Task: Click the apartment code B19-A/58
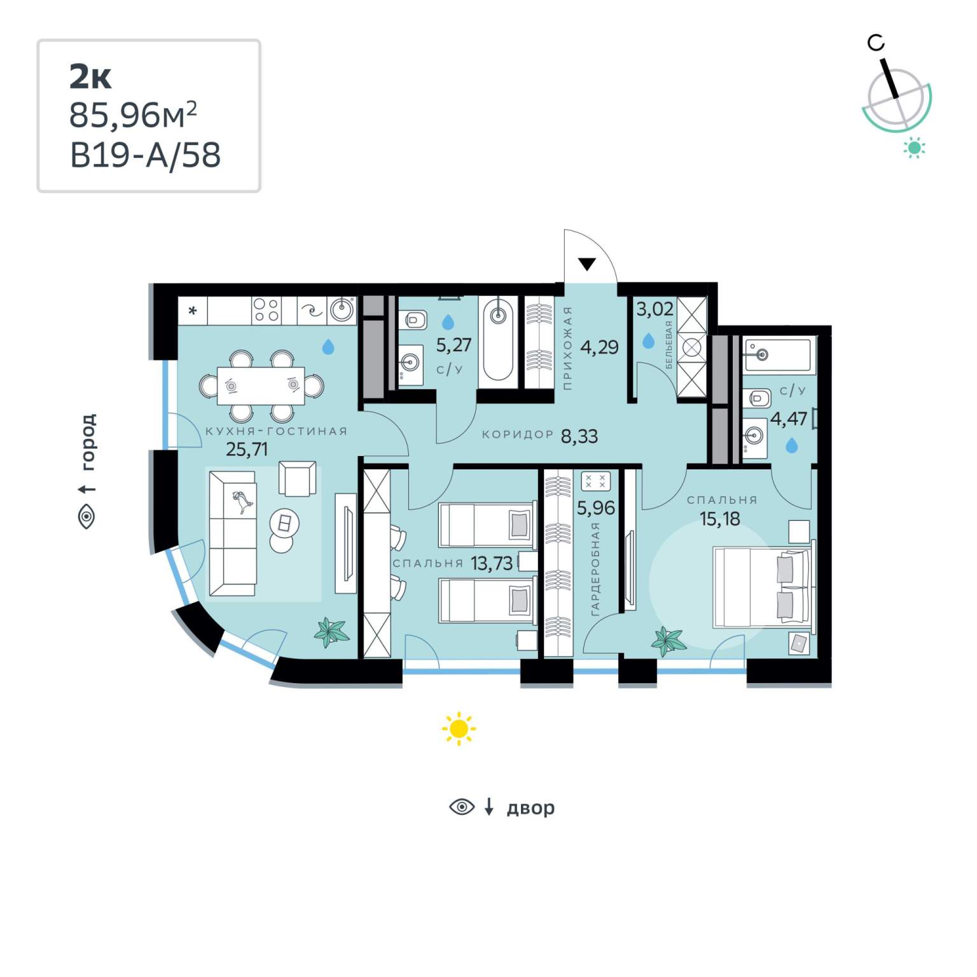[x=146, y=155]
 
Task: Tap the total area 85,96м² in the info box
[x=133, y=114]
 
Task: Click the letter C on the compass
[x=876, y=43]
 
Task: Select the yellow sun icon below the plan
[x=459, y=729]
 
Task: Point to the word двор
[x=530, y=808]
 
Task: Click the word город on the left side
[x=88, y=442]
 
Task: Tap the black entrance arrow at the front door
[x=586, y=264]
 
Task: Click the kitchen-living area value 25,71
[x=247, y=450]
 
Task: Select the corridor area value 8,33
[x=579, y=436]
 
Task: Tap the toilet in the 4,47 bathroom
[x=758, y=399]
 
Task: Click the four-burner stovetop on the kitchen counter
[x=265, y=311]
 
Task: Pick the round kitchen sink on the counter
[x=342, y=310]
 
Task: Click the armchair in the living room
[x=297, y=478]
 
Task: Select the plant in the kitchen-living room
[x=331, y=632]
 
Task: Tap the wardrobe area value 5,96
[x=595, y=508]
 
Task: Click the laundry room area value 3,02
[x=655, y=310]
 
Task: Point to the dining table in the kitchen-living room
[x=261, y=385]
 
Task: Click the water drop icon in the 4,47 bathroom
[x=791, y=445]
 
